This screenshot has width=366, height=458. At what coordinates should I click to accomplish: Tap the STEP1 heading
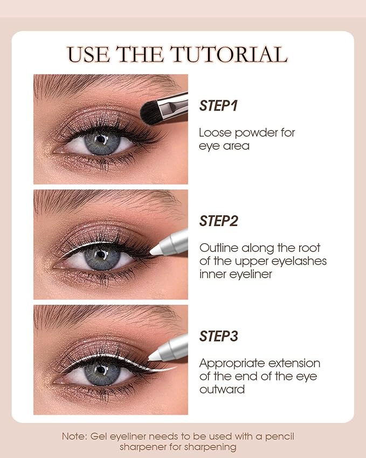pyautogui.click(x=218, y=106)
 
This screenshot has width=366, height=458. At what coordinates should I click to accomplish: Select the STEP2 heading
pyautogui.click(x=218, y=221)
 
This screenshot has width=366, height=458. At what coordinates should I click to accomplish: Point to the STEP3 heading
pyautogui.click(x=218, y=337)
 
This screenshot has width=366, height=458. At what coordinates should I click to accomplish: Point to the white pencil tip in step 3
pyautogui.click(x=156, y=356)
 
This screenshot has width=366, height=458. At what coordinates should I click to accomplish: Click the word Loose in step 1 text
pyautogui.click(x=213, y=133)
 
